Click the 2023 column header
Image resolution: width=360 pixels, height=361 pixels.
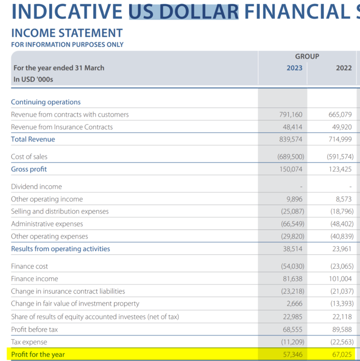coord(294,68)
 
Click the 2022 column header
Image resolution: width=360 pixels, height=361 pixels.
coord(344,68)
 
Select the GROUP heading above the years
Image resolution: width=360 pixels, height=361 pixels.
coord(307,56)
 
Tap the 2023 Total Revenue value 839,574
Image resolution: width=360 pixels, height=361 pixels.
coord(291,139)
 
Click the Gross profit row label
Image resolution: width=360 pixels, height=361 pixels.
coord(29,169)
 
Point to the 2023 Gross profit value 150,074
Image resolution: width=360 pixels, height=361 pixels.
coord(291,169)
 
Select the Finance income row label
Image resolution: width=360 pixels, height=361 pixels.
coord(35,279)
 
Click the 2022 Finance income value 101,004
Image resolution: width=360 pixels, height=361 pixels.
coord(340,279)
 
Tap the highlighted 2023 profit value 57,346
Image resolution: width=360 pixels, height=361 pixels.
coord(293,354)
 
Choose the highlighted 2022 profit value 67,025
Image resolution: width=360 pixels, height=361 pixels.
coord(342,354)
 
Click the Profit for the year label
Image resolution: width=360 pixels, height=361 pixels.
coord(38,354)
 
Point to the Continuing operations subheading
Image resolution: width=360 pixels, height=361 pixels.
coord(46,102)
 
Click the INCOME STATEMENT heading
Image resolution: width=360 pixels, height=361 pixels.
coord(67,33)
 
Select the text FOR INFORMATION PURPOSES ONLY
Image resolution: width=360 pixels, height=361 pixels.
coord(67,44)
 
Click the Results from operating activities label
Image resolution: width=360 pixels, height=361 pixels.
coord(61,249)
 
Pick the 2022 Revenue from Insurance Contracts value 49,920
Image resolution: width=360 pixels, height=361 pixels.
coord(342,127)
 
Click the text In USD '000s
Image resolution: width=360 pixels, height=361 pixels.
coord(33,79)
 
